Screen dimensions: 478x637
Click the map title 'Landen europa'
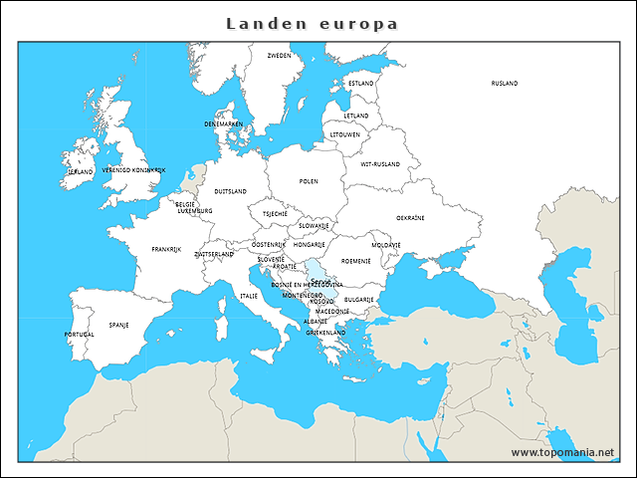[312, 23]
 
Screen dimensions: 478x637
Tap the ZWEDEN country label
[280, 56]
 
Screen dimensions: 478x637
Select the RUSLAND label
[505, 84]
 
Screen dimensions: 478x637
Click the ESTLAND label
[360, 84]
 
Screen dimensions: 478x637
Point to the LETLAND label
[356, 116]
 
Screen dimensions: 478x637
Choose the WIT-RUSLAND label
[380, 164]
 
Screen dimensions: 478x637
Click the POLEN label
[309, 182]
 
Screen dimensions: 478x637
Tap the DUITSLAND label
[231, 191]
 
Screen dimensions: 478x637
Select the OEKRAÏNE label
[411, 217]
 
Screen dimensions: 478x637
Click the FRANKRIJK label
[166, 249]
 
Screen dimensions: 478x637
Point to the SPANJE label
[118, 325]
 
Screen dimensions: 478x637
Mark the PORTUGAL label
[80, 335]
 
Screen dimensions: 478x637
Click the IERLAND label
[80, 171]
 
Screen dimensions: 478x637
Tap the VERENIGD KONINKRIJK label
[133, 170]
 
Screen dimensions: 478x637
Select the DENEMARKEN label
[223, 123]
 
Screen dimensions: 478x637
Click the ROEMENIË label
[355, 261]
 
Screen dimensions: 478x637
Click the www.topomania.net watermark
[562, 452]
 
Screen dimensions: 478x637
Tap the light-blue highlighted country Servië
[317, 271]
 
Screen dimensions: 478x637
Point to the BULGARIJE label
[358, 299]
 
